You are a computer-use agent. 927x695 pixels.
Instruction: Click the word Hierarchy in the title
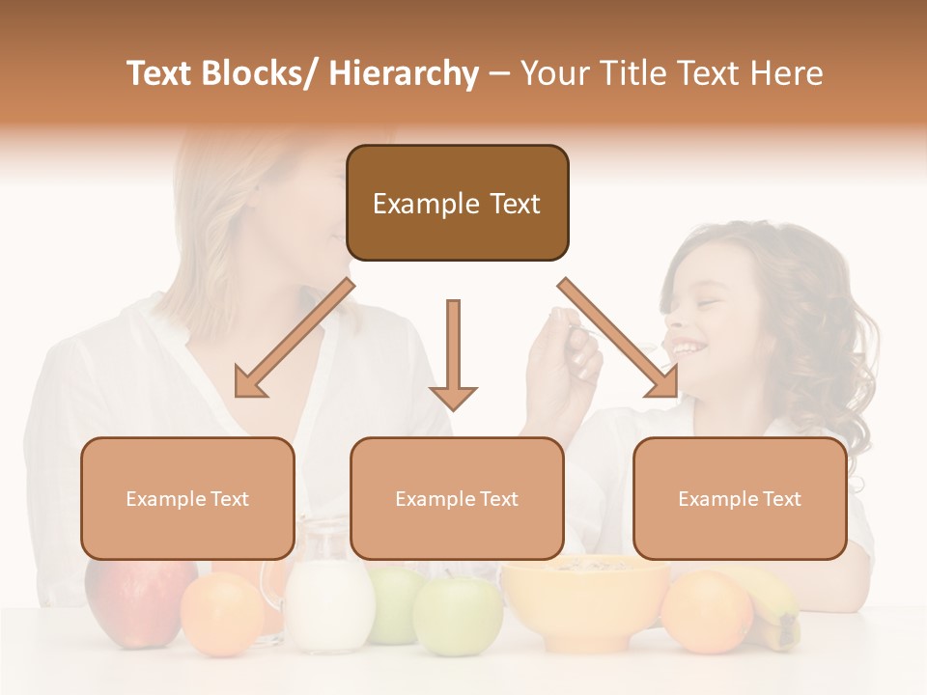pyautogui.click(x=404, y=73)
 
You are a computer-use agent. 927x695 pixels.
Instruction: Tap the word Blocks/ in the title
pyautogui.click(x=268, y=73)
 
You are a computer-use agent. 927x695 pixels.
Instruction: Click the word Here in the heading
pyautogui.click(x=783, y=73)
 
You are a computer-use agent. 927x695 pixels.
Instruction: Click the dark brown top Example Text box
pyautogui.click(x=457, y=203)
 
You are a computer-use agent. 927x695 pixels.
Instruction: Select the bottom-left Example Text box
pyautogui.click(x=187, y=498)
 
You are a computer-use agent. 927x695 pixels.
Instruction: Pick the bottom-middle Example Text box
pyautogui.click(x=457, y=498)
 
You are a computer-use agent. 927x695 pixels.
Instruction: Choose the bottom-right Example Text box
pyautogui.click(x=740, y=498)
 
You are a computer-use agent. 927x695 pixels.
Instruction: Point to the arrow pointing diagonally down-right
pyautogui.click(x=619, y=339)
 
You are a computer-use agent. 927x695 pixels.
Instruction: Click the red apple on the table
pyautogui.click(x=135, y=598)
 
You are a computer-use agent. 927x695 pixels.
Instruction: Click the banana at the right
pyautogui.click(x=778, y=608)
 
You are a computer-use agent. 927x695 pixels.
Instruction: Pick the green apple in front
pyautogui.click(x=458, y=616)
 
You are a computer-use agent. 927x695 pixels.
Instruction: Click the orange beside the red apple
pyautogui.click(x=222, y=614)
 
